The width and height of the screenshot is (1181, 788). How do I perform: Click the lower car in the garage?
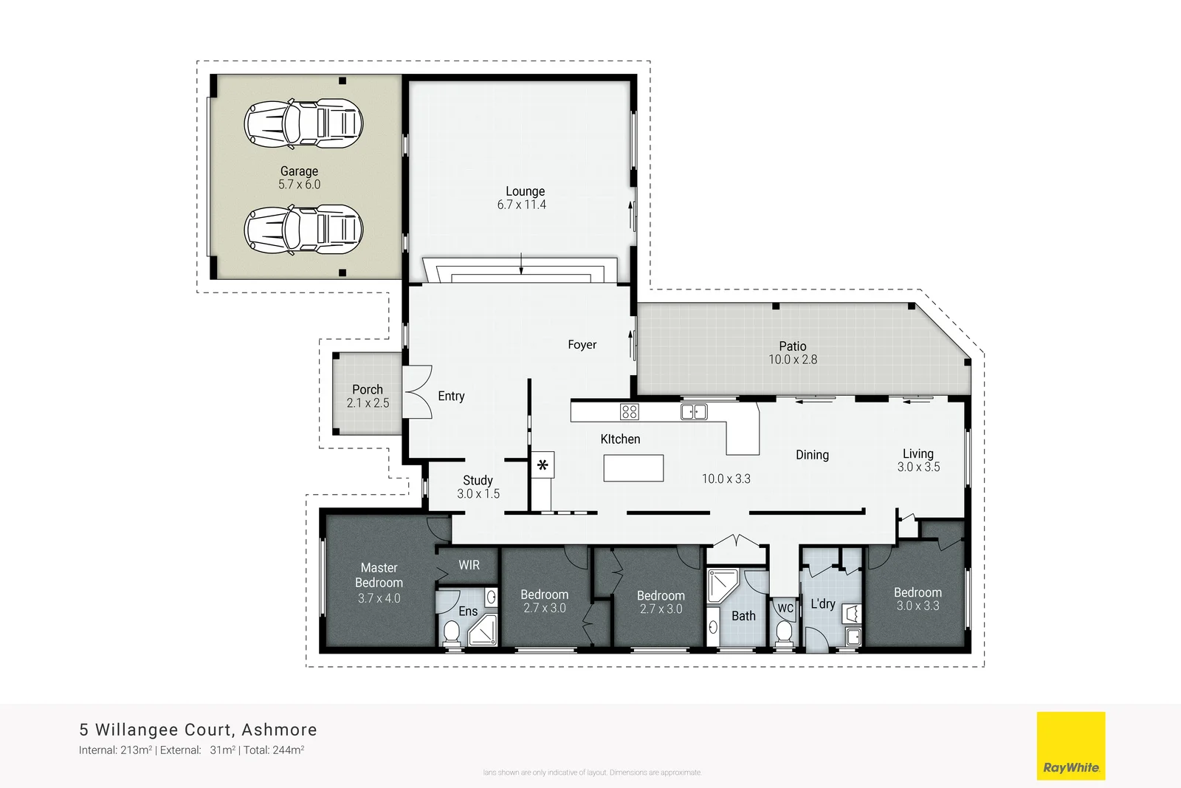click(x=303, y=230)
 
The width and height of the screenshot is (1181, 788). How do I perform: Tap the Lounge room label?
click(x=525, y=191)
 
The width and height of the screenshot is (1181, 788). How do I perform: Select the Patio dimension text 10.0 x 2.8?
click(x=793, y=360)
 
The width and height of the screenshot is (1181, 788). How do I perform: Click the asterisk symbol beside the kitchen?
click(x=543, y=465)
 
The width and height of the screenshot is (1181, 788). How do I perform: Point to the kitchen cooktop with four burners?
click(x=629, y=411)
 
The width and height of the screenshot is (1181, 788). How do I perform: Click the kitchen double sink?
click(x=693, y=411)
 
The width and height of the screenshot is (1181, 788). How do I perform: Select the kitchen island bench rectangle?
click(x=633, y=468)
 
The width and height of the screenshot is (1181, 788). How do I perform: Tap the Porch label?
click(x=368, y=389)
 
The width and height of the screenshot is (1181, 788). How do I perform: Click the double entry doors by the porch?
click(x=418, y=392)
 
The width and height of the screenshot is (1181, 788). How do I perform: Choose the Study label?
click(x=478, y=480)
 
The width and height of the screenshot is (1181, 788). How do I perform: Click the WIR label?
click(x=469, y=565)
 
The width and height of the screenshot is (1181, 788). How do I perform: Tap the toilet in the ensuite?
click(x=450, y=633)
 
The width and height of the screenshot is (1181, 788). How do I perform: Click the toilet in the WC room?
click(x=784, y=633)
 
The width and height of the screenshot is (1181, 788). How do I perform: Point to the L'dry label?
click(x=822, y=603)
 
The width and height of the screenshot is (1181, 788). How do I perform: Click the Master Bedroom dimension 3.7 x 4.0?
click(x=379, y=598)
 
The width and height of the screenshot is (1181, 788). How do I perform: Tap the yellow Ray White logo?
click(x=1070, y=745)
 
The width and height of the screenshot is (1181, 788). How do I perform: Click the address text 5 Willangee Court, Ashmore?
click(x=198, y=730)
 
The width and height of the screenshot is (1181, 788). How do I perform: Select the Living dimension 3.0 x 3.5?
click(x=918, y=467)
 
